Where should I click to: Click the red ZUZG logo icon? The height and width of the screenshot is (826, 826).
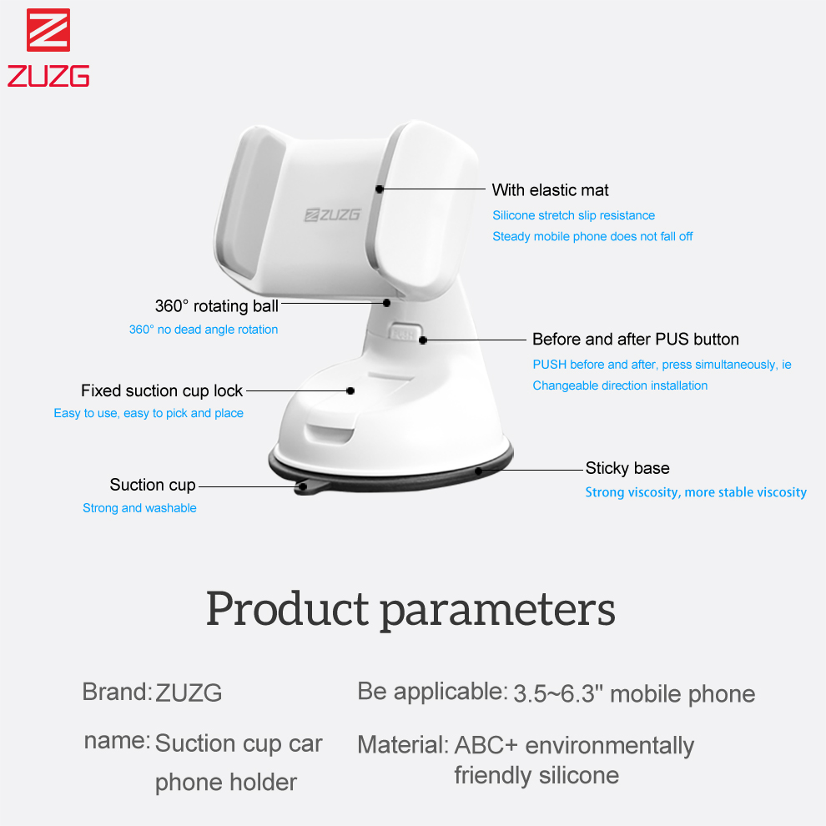click(48, 30)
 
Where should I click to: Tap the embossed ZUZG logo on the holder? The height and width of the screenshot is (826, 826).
click(332, 214)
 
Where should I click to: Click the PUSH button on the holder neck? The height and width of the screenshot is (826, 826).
click(404, 332)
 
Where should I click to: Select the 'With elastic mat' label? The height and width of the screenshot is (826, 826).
click(550, 190)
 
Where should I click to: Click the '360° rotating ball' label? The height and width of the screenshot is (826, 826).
click(216, 306)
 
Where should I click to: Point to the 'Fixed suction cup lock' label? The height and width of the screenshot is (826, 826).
click(162, 390)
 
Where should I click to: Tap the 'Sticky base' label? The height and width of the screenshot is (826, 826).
click(627, 468)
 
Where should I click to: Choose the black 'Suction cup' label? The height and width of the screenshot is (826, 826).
click(153, 485)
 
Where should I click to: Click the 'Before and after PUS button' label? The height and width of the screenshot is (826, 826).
click(635, 340)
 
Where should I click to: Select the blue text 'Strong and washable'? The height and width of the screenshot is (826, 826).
click(139, 508)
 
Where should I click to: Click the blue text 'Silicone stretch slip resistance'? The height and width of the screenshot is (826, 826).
click(574, 215)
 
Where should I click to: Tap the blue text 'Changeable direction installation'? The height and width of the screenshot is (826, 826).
click(620, 385)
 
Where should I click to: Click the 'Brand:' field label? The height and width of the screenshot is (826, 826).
click(118, 692)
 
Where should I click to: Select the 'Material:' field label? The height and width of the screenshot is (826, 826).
click(403, 745)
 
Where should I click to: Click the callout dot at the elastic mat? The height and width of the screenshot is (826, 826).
click(380, 189)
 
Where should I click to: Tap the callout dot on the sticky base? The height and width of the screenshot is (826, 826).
click(478, 471)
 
